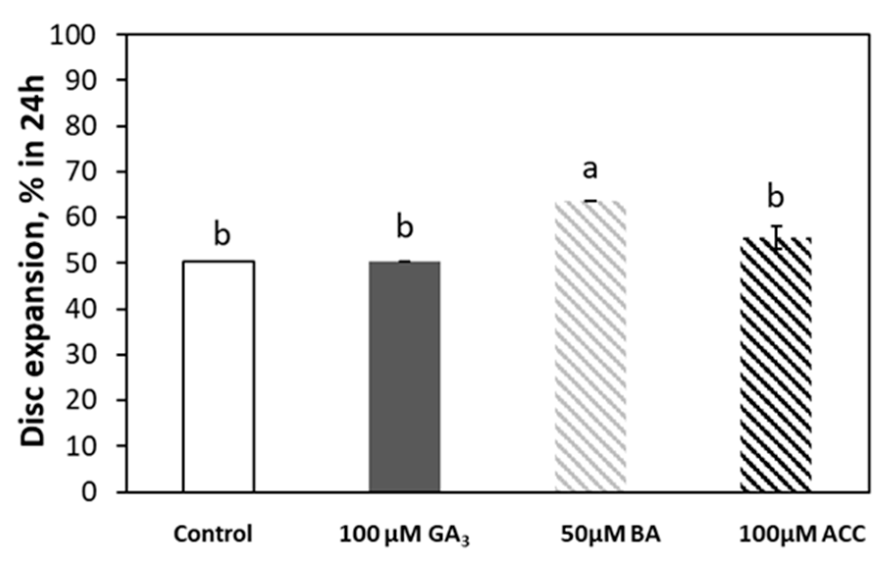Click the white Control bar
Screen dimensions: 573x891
point(219,376)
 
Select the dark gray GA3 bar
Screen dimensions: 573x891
point(405,376)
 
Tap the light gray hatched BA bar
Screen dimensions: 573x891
point(590,346)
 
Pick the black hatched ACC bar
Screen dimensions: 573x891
point(776,365)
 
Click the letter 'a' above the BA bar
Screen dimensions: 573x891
point(590,169)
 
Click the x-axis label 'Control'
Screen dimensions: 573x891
point(213,534)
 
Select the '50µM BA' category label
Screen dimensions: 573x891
point(611,534)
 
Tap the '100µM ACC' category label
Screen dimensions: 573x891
point(802,534)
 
